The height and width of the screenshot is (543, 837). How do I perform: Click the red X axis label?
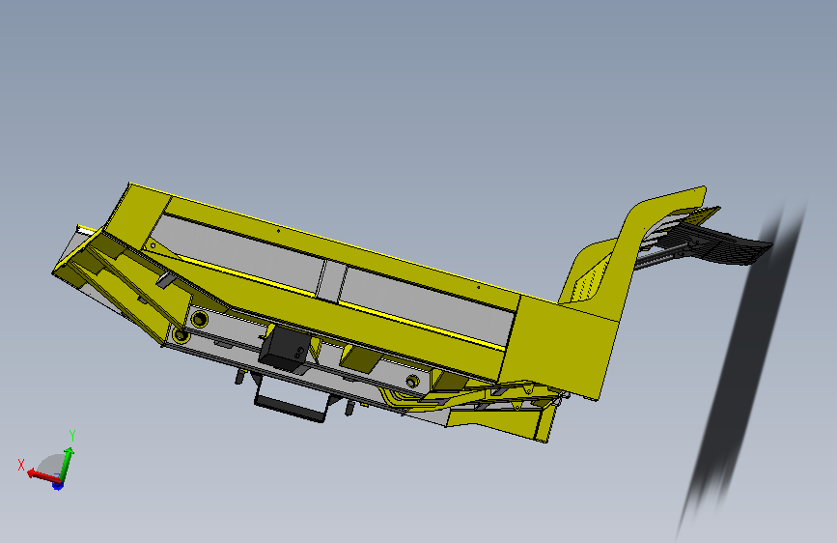tap(21, 465)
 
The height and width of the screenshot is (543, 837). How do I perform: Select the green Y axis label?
tap(72, 436)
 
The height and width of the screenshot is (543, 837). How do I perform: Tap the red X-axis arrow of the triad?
tap(42, 475)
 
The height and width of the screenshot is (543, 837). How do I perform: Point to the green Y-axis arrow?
tap(67, 465)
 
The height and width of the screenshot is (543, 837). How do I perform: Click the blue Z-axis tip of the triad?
tap(58, 485)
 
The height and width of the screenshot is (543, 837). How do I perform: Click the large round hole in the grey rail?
tap(199, 320)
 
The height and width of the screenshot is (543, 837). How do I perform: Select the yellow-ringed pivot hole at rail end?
tap(181, 335)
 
